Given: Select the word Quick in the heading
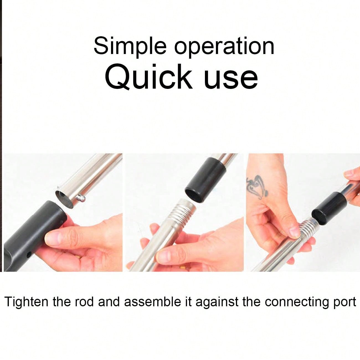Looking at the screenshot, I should [x=148, y=77].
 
